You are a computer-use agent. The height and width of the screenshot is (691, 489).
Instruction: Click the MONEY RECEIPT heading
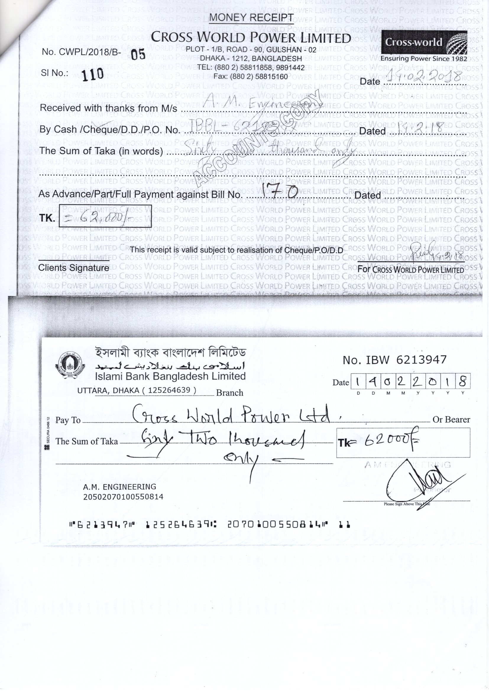point(251,18)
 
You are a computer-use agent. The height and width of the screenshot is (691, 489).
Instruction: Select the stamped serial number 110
point(93,74)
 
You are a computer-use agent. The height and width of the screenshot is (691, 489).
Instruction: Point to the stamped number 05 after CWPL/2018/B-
point(138,54)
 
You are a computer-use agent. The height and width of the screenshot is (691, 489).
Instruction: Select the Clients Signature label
point(74,268)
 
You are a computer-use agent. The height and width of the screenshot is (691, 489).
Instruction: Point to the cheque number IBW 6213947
point(394,360)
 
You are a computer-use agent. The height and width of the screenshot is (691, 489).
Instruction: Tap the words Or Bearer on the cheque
point(451,420)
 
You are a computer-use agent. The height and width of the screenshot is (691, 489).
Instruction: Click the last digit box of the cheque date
point(462,382)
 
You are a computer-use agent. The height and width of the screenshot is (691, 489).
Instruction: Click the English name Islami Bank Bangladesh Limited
point(170,376)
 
